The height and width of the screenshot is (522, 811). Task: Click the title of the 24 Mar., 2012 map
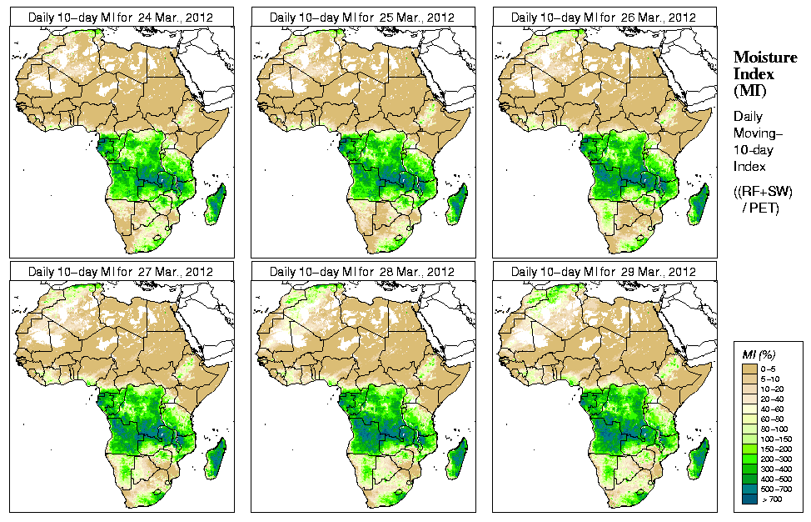coord(120,17)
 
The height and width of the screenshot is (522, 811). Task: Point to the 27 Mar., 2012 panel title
coord(120,272)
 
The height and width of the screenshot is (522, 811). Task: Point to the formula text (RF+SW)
coord(763,192)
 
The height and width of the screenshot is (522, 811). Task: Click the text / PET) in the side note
coord(760,208)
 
